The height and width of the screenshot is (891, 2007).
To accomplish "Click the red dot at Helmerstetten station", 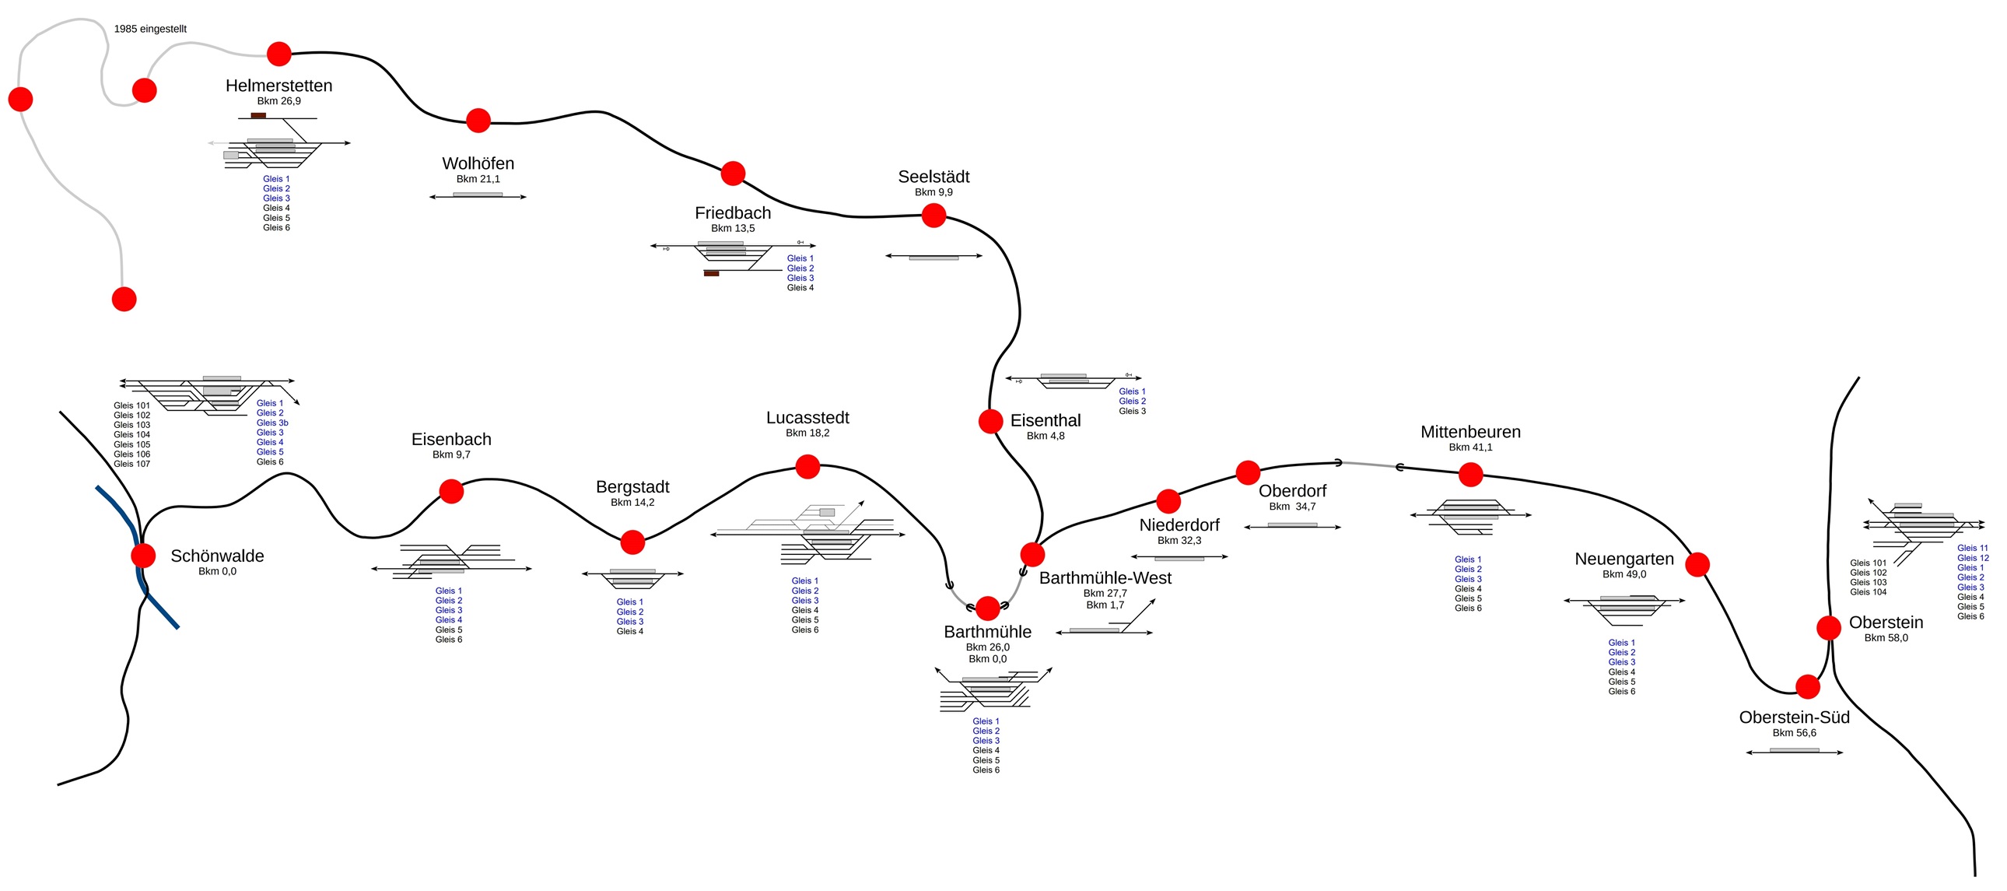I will (x=279, y=54).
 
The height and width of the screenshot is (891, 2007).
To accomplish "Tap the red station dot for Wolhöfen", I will (x=478, y=120).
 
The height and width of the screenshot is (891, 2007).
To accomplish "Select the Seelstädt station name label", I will (x=933, y=177).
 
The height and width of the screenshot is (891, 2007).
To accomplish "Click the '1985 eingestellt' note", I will (x=150, y=29).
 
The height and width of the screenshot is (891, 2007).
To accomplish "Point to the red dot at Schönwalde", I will (x=143, y=555).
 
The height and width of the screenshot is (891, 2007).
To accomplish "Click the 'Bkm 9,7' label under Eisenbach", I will (x=451, y=454).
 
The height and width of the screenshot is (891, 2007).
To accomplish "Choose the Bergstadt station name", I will (x=632, y=487).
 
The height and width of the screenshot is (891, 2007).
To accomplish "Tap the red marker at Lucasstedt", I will (x=808, y=466).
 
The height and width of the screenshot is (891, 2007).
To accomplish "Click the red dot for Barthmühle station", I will (x=988, y=608).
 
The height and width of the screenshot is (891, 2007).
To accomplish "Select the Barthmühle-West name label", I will (x=1105, y=578).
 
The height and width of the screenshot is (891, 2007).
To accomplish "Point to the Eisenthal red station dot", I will (x=990, y=421).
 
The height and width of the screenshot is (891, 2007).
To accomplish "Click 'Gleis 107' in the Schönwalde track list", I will (x=131, y=464).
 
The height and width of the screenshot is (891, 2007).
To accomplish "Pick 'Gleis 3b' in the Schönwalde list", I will (x=272, y=423).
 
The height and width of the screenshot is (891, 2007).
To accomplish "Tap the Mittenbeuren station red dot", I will (x=1470, y=474).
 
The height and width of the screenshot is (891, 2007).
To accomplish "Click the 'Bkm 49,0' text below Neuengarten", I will (x=1623, y=574).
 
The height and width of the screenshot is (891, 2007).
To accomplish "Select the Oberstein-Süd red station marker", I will (x=1808, y=687).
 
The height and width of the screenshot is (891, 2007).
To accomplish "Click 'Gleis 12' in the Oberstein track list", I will (x=1973, y=558).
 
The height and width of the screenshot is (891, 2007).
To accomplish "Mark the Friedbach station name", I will (x=732, y=212).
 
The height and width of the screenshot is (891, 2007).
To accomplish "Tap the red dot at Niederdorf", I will (x=1168, y=500).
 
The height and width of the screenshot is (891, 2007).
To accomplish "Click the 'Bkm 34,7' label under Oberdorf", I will (x=1292, y=507).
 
